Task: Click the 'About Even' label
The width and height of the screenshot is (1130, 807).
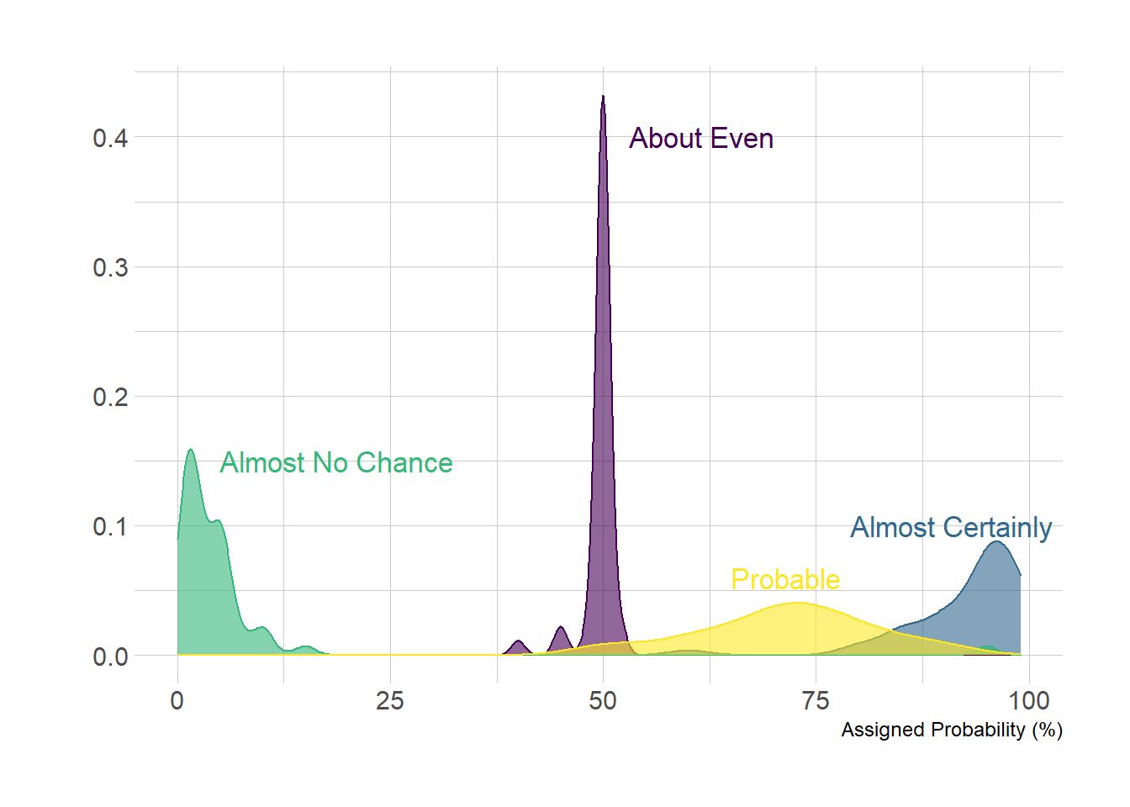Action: pos(701,138)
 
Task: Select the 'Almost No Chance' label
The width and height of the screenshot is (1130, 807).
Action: pos(336,462)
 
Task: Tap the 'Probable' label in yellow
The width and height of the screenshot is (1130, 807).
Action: pos(785,579)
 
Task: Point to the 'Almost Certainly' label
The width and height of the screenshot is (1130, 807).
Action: pos(951,527)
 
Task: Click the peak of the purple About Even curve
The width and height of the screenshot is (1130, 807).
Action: pos(603,98)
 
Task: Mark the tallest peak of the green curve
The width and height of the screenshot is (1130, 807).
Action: pos(190,451)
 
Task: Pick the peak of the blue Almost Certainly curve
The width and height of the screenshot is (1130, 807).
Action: pos(996,542)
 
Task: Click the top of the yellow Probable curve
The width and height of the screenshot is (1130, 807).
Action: pos(795,604)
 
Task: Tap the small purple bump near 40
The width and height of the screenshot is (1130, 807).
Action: pos(518,642)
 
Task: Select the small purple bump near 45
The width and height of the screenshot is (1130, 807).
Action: pos(561,629)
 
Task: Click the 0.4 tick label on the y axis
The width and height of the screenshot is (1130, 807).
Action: pos(110,138)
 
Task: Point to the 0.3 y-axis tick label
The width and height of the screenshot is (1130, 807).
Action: pos(110,267)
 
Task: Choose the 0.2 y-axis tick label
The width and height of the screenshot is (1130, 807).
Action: pos(110,397)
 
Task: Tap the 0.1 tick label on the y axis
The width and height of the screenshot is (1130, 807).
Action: pos(110,526)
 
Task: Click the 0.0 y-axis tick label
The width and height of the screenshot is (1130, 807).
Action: pos(110,656)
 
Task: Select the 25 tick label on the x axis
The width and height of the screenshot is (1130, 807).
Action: pos(390,700)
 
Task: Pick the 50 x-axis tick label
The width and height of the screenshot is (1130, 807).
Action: pos(603,700)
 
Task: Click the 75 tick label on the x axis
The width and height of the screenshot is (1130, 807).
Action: pos(816,700)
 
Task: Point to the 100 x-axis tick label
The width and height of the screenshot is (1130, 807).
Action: pos(1029,700)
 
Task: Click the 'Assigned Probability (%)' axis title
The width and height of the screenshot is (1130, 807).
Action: pos(952,730)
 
